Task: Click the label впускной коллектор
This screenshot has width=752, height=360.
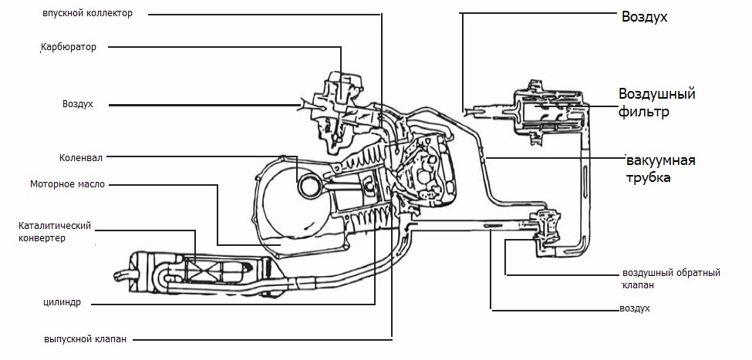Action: [87, 13]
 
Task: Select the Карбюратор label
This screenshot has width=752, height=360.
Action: [69, 47]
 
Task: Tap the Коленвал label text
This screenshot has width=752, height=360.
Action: [81, 158]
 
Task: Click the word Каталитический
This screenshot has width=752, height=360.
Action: [55, 225]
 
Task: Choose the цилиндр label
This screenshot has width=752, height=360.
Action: [62, 303]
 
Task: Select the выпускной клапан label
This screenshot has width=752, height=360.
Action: [86, 339]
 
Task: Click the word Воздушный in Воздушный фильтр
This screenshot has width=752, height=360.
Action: [656, 94]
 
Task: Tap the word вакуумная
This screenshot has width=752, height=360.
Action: [660, 160]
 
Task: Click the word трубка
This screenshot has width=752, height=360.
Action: [648, 178]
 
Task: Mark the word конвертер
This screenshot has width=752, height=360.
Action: [42, 238]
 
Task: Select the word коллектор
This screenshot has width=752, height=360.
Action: [110, 13]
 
